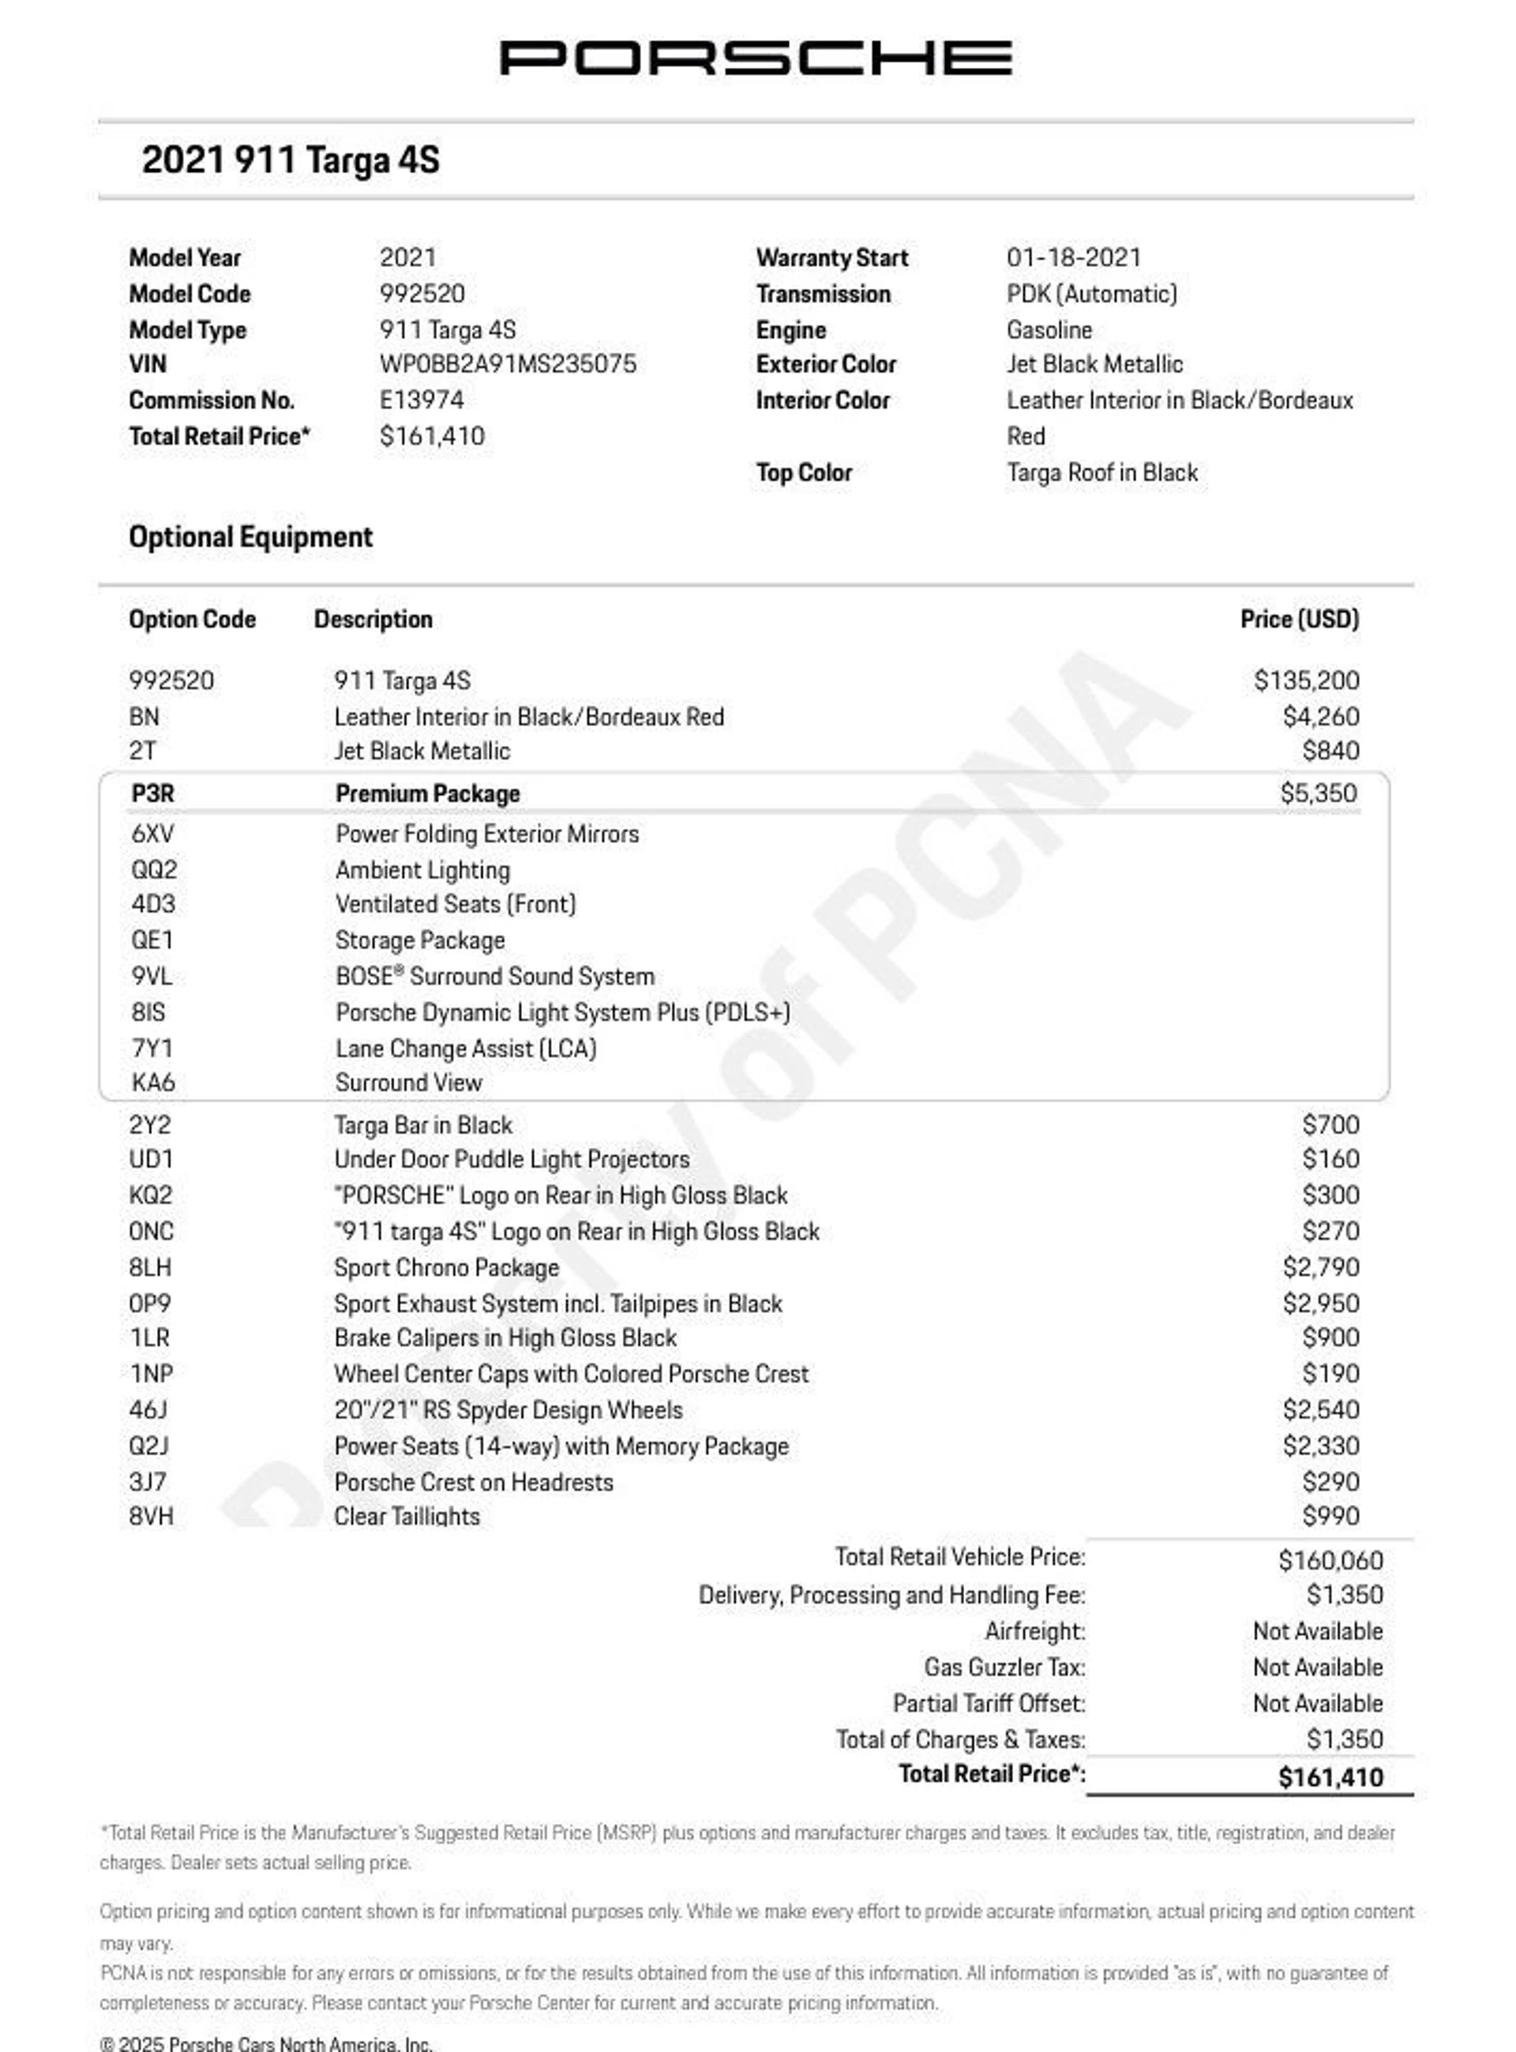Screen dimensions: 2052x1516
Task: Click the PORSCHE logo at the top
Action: [x=756, y=58]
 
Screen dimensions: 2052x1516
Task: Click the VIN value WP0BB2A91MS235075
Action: [x=508, y=364]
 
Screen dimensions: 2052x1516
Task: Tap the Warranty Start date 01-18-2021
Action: [x=1073, y=258]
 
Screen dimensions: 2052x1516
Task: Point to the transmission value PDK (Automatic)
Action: [x=1091, y=294]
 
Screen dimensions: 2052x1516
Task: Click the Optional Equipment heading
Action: [x=250, y=537]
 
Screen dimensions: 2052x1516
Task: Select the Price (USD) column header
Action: [x=1299, y=620]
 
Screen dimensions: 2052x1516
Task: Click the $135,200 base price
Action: [x=1306, y=681]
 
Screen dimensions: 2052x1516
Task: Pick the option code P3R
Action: [x=152, y=793]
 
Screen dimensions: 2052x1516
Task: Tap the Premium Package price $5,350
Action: [x=1318, y=793]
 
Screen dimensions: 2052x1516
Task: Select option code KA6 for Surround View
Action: [x=152, y=1083]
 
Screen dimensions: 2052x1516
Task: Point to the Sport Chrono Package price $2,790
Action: [x=1320, y=1267]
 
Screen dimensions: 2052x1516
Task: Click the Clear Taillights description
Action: [x=407, y=1516]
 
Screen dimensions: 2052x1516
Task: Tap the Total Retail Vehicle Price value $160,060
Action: [x=1330, y=1560]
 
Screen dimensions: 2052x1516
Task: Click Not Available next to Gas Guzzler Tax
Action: [x=1317, y=1667]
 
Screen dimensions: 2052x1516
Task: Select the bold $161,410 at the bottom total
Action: [x=1330, y=1777]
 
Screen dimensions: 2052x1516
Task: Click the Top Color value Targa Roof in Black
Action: [x=1101, y=473]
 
